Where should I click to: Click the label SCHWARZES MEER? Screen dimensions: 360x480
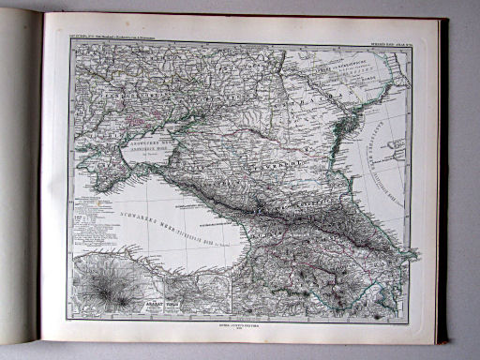[x=140, y=210]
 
